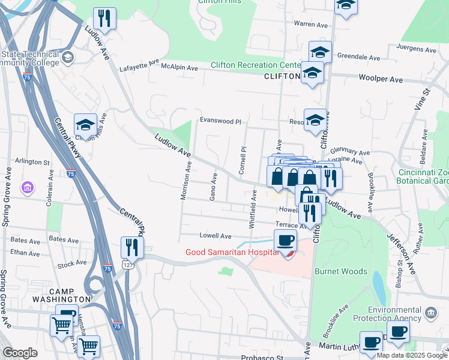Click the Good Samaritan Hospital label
click(x=232, y=252)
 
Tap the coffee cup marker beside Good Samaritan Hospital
click(x=285, y=241)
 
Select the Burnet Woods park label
click(x=340, y=271)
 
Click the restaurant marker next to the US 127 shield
click(x=131, y=247)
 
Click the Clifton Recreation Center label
click(x=255, y=65)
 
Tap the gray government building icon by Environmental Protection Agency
click(x=431, y=313)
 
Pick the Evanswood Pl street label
click(x=220, y=121)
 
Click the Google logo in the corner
click(x=20, y=353)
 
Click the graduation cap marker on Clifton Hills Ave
click(x=85, y=125)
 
